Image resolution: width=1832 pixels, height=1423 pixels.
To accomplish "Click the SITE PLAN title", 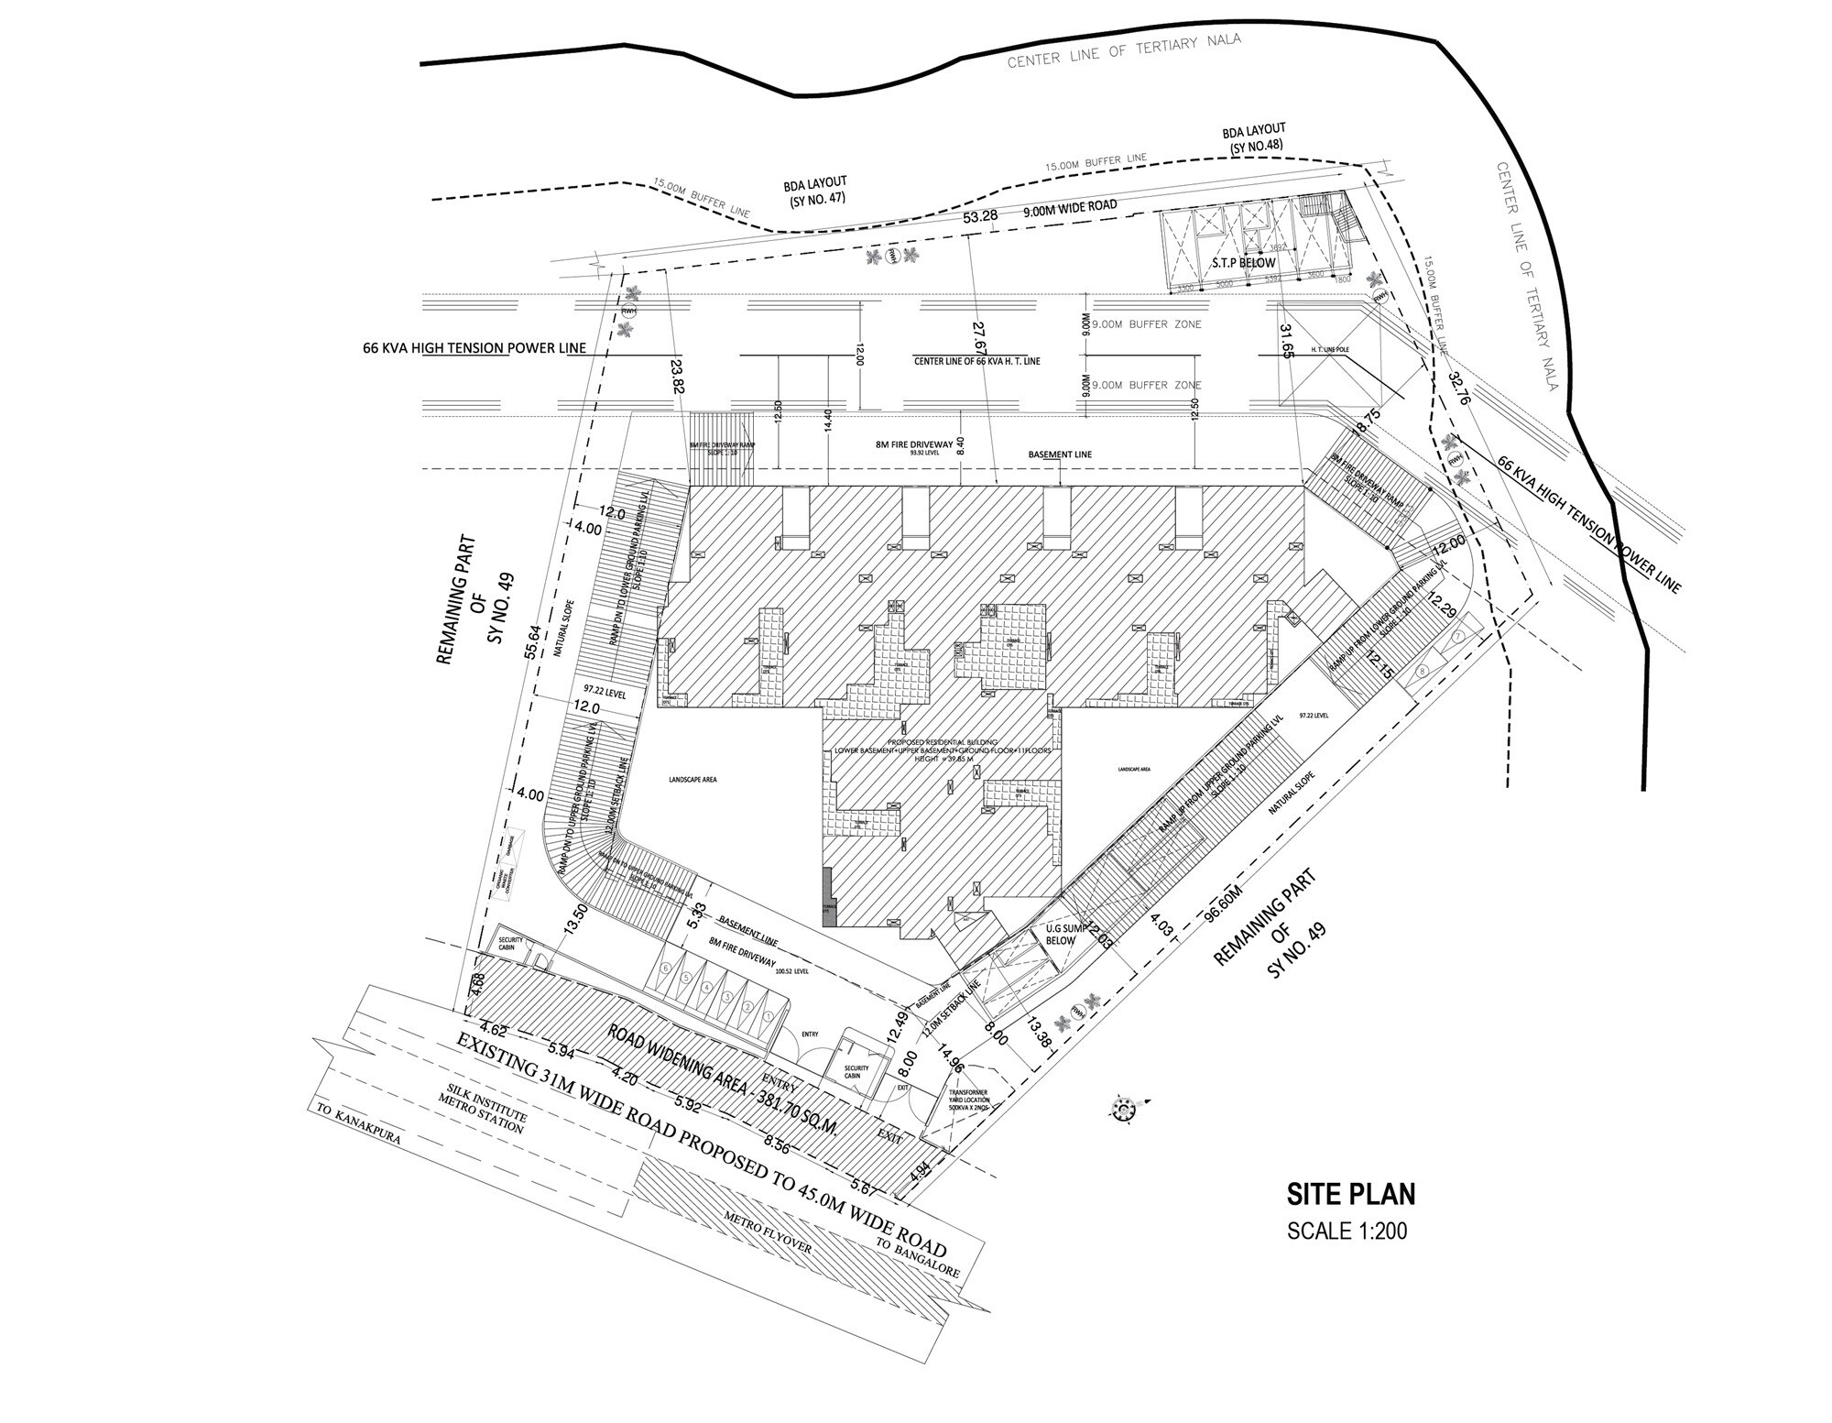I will pos(1351,1194).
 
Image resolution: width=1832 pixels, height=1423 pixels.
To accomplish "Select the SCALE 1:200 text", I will pos(1347,1231).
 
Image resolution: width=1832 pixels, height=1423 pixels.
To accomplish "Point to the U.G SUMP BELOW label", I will pos(1060,935).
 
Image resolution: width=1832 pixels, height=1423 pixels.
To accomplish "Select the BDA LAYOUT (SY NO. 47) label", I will pos(816,192).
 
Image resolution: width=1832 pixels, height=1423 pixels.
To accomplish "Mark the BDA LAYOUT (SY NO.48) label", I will pos(1254,137).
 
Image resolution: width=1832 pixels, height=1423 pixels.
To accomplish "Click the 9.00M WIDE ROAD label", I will pos(1070,207).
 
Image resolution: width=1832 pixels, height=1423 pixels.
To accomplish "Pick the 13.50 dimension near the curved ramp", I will pos(578,916).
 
